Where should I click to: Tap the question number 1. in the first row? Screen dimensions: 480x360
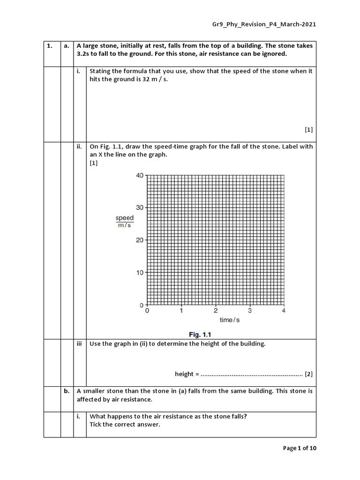(x=49, y=46)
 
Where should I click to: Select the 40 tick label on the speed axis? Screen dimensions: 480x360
(x=140, y=176)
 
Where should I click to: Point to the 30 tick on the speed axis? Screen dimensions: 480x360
(x=140, y=208)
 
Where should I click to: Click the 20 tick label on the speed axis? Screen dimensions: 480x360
(x=140, y=240)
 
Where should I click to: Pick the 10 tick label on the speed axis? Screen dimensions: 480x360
(x=140, y=273)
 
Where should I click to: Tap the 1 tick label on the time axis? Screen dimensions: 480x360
(x=181, y=311)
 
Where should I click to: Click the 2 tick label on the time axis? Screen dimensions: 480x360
(x=216, y=311)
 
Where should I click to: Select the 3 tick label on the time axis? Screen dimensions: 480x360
(x=250, y=311)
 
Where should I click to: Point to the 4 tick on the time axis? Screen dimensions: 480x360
(x=284, y=311)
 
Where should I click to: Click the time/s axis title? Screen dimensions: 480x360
(x=230, y=320)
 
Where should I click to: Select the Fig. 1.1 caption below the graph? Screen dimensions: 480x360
(x=201, y=335)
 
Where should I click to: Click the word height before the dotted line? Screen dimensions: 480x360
(x=184, y=374)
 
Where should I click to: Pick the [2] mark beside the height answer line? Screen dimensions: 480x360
(x=308, y=374)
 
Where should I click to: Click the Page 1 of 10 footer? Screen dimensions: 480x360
(x=300, y=449)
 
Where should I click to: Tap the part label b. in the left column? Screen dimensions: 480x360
(x=67, y=391)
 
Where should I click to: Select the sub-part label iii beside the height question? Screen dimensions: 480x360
(x=79, y=344)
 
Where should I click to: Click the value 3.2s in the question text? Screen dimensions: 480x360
(x=85, y=54)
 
